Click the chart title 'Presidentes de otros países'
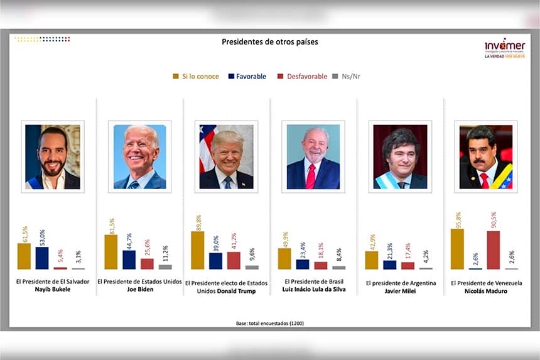tap(269, 42)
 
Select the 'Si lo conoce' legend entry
tap(196, 77)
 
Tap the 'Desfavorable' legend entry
tap(303, 77)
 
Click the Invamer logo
tap(504, 48)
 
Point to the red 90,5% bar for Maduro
tap(493, 250)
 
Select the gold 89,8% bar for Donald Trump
tap(197, 250)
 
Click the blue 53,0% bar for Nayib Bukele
tap(42, 258)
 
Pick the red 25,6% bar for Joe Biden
tap(147, 264)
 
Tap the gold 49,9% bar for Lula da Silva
tap(284, 258)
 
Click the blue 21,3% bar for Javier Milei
tap(389, 265)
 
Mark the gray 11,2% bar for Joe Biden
tap(165, 267)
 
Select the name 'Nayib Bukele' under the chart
tap(52, 291)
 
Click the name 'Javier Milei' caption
tap(400, 292)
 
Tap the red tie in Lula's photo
tap(310, 176)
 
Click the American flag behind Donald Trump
tap(207, 148)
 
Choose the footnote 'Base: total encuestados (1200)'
tap(269, 323)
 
